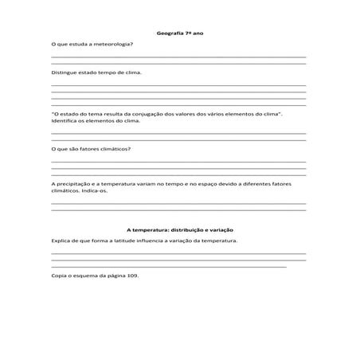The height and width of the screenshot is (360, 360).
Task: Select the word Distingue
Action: pos(64,72)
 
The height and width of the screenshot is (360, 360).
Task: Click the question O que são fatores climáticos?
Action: pos(91,149)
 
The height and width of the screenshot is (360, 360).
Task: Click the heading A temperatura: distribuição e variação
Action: pos(179,229)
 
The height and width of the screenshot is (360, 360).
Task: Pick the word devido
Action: pos(228,183)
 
